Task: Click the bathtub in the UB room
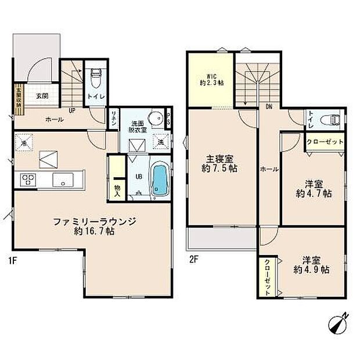click(x=159, y=180)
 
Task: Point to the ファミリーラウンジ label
click(x=94, y=221)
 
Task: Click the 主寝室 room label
click(x=218, y=159)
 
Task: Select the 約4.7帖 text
click(x=314, y=193)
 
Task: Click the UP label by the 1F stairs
click(x=73, y=109)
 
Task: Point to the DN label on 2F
click(x=269, y=107)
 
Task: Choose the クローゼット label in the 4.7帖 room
click(x=325, y=142)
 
